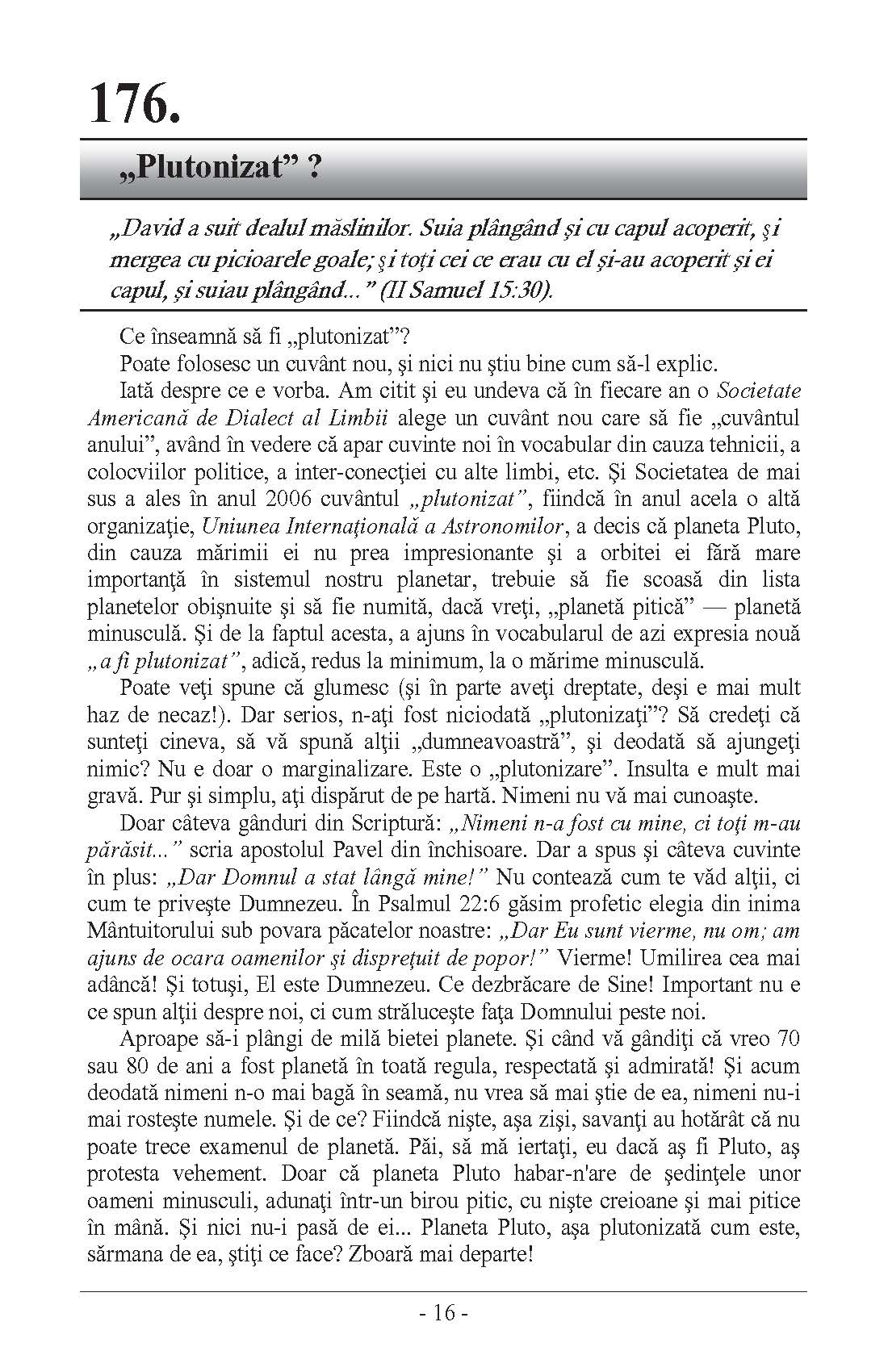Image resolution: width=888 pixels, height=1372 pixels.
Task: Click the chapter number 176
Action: click(x=133, y=104)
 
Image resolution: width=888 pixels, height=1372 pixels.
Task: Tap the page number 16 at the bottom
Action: click(x=444, y=1313)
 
